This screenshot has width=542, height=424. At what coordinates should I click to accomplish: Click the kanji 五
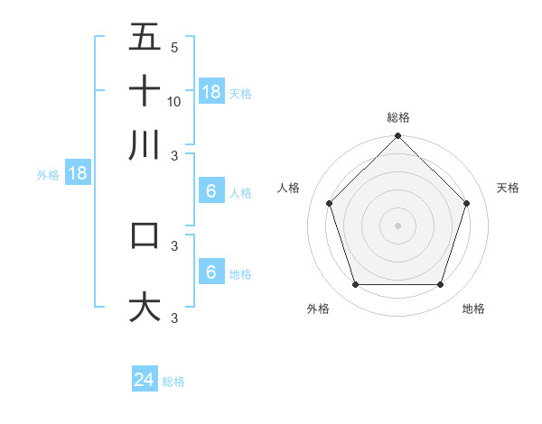[x=145, y=38]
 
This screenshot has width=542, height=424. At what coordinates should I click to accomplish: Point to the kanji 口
[x=145, y=235]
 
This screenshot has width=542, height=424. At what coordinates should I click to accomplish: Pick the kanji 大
[x=145, y=307]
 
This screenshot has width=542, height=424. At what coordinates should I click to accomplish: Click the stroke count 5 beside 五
[x=174, y=47]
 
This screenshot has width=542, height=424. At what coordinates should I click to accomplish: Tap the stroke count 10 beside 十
[x=174, y=101]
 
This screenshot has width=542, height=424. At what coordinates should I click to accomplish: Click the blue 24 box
[x=145, y=380]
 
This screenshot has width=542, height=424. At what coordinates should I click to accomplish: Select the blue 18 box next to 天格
[x=210, y=91]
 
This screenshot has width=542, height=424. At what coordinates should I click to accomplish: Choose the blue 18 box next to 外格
[x=78, y=173]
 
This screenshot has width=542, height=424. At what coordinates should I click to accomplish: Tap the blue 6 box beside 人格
[x=210, y=190]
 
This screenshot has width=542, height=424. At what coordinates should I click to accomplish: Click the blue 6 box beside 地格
[x=210, y=272]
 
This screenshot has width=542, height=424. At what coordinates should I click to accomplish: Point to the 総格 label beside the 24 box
[x=173, y=382]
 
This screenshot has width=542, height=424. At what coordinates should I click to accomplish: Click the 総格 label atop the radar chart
[x=397, y=117]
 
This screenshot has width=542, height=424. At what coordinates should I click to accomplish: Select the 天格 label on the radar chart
[x=508, y=188]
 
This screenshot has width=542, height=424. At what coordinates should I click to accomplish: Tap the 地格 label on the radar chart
[x=473, y=309]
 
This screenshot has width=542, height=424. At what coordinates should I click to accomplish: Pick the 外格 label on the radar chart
[x=318, y=309]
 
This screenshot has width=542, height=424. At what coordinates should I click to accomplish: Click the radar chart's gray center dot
[x=397, y=225]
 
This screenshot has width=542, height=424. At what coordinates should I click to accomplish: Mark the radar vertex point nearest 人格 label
[x=330, y=203]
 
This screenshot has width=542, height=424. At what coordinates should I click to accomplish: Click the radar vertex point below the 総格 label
[x=397, y=137]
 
